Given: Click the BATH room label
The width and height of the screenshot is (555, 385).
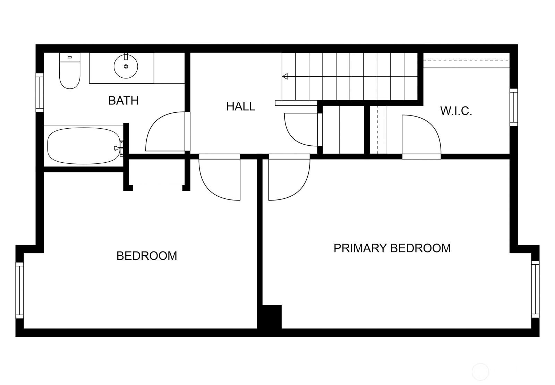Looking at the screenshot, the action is pyautogui.click(x=123, y=101).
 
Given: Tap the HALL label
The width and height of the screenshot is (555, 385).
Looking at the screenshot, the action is pyautogui.click(x=241, y=106).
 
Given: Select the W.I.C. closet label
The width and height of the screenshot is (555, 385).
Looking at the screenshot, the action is pyautogui.click(x=456, y=111).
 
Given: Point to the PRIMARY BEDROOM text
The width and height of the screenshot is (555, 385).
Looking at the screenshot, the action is pyautogui.click(x=392, y=248).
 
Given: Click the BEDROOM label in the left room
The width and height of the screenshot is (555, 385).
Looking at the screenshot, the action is pyautogui.click(x=147, y=256).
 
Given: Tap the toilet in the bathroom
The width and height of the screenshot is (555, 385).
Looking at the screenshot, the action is pyautogui.click(x=70, y=71).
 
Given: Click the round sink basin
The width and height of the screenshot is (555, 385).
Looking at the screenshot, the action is pyautogui.click(x=126, y=66).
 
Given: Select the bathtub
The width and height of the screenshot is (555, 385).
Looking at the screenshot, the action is pyautogui.click(x=84, y=146).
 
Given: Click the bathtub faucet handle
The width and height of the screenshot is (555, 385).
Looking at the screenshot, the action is pyautogui.click(x=116, y=148).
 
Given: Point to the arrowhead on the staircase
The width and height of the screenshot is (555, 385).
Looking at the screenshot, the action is pyautogui.click(x=285, y=76).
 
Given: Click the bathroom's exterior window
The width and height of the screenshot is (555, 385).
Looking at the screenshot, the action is pyautogui.click(x=40, y=92).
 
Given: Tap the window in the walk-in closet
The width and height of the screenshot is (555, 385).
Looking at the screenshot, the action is pyautogui.click(x=514, y=107).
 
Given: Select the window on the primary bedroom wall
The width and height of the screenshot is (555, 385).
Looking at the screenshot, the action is pyautogui.click(x=535, y=289).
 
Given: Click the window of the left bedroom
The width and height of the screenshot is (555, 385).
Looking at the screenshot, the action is pyautogui.click(x=19, y=290).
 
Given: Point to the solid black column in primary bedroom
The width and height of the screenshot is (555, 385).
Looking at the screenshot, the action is pyautogui.click(x=272, y=317).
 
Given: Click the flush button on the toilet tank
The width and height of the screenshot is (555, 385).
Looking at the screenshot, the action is pyautogui.click(x=70, y=57).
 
